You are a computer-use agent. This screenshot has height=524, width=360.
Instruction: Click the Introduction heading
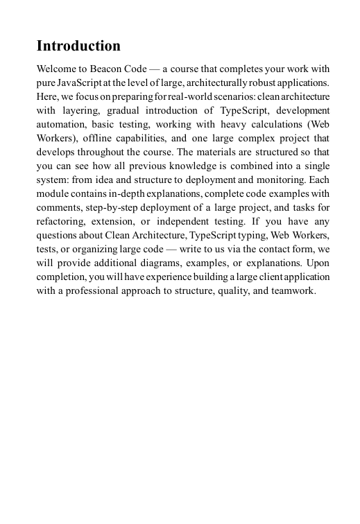(78, 46)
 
